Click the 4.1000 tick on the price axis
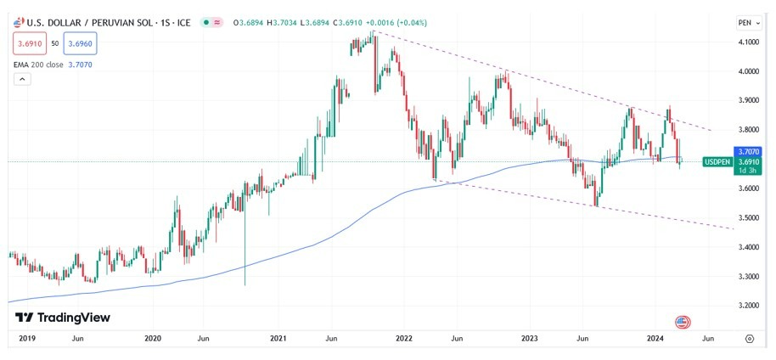(748, 42)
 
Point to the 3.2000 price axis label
(748, 305)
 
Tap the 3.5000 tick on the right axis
(748, 218)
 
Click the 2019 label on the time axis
(26, 338)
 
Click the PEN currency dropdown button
(747, 22)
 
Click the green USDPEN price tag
(718, 161)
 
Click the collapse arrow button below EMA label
(23, 79)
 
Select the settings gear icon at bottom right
(749, 338)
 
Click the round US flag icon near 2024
(681, 322)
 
